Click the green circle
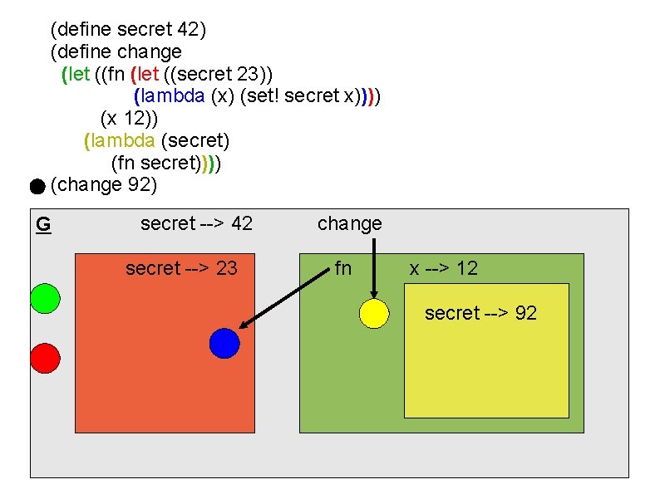pyautogui.click(x=45, y=298)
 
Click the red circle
pyautogui.click(x=45, y=358)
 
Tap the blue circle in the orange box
pyautogui.click(x=224, y=343)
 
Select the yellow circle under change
pyautogui.click(x=374, y=313)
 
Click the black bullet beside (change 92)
pyautogui.click(x=37, y=188)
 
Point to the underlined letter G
pyautogui.click(x=43, y=223)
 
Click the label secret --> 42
pyautogui.click(x=196, y=223)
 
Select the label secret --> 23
pyautogui.click(x=181, y=268)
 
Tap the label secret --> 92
pyautogui.click(x=480, y=313)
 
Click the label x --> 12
pyautogui.click(x=443, y=268)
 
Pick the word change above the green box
pyautogui.click(x=349, y=223)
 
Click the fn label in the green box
pyautogui.click(x=342, y=268)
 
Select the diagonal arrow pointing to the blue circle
pyautogui.click(x=283, y=298)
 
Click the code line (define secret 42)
pyautogui.click(x=128, y=30)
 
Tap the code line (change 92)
pyautogui.click(x=103, y=184)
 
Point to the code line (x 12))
pyautogui.click(x=135, y=117)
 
